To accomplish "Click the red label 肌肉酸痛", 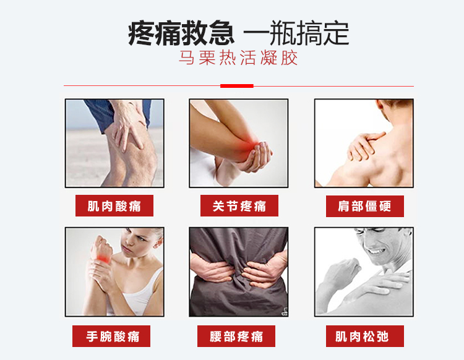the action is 114,205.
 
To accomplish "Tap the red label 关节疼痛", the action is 239,205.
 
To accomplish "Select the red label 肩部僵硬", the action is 365,206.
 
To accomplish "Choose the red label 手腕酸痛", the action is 111,336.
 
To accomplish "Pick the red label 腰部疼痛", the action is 236,336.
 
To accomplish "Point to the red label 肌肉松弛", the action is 365,336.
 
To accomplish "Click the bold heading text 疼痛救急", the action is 181,33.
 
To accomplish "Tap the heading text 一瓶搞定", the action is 296,33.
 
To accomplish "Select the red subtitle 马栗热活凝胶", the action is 238,58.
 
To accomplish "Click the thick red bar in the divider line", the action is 237,86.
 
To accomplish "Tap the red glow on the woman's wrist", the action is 103,258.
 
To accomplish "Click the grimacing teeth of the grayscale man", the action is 376,252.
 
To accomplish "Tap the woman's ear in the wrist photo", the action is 158,242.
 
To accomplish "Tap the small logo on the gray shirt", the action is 285,311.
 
